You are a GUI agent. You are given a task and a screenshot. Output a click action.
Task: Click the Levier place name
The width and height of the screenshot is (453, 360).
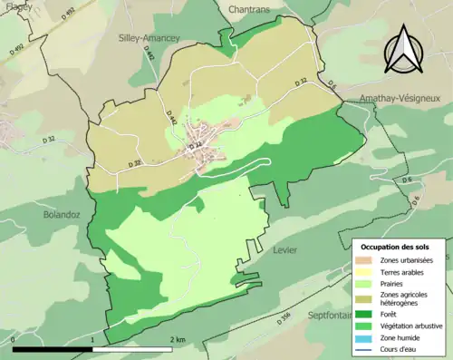[x=285, y=247]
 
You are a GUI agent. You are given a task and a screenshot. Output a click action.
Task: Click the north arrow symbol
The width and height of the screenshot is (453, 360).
[x=401, y=50]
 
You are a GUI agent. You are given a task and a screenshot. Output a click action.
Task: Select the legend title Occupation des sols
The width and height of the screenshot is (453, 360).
[x=395, y=247]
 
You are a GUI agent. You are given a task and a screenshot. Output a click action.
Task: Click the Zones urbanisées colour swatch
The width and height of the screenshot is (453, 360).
[x=367, y=260]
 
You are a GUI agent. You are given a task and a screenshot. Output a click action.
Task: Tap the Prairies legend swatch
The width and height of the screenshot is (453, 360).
[x=367, y=283]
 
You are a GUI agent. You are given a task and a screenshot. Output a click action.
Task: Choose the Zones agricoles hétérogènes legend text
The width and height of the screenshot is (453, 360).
[x=410, y=298]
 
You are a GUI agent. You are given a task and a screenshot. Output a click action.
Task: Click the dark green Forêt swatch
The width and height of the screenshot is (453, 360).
[x=367, y=315]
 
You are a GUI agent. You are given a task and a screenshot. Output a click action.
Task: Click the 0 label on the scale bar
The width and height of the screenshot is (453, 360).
[x=14, y=339]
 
